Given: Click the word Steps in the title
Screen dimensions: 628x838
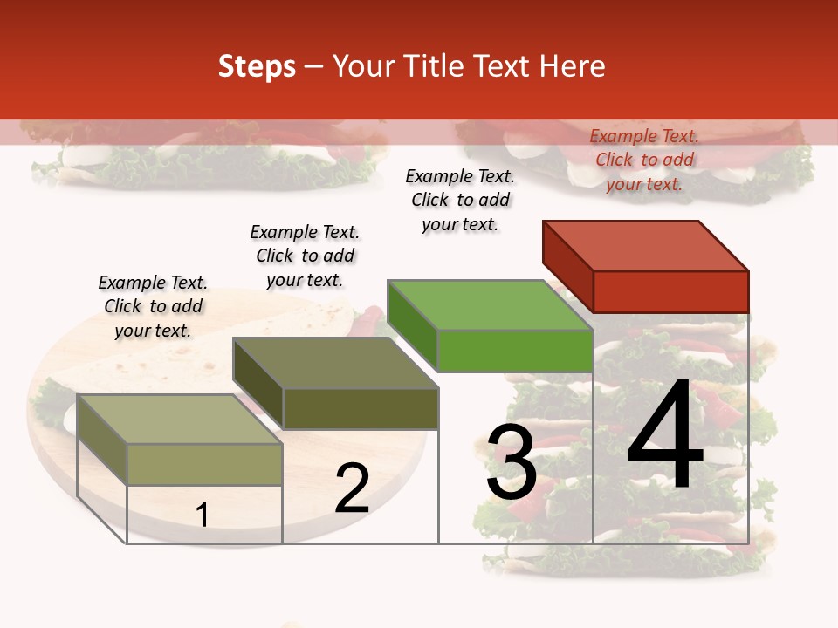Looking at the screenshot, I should pos(257,66).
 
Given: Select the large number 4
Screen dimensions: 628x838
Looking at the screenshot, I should pos(665,436).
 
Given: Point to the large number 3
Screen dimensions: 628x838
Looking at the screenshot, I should pos(512,462).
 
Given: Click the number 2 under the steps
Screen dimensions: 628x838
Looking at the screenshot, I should pos(352,488).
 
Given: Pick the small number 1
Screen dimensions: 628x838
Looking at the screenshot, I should pos(203,515).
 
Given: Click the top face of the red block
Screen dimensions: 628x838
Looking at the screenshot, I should pos(646,245).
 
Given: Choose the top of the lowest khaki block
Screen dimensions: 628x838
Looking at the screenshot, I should pos(180,420).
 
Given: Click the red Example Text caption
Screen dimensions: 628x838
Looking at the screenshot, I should pos(644,160).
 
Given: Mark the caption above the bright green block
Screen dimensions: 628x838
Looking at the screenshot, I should pos(460,200).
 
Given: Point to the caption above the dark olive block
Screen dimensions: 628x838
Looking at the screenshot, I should pos(305,256).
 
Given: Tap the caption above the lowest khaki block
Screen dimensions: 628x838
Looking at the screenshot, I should pos(153,306).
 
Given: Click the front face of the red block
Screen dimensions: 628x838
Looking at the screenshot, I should pos(670,291).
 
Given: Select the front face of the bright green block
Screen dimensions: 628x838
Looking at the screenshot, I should pos(515,351).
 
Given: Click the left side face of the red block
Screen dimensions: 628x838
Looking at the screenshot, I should pos(567,266).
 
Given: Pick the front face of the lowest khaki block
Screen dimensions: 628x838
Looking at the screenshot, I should pos(205,464).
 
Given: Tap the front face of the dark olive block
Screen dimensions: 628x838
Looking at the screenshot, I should pos(361,408).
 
